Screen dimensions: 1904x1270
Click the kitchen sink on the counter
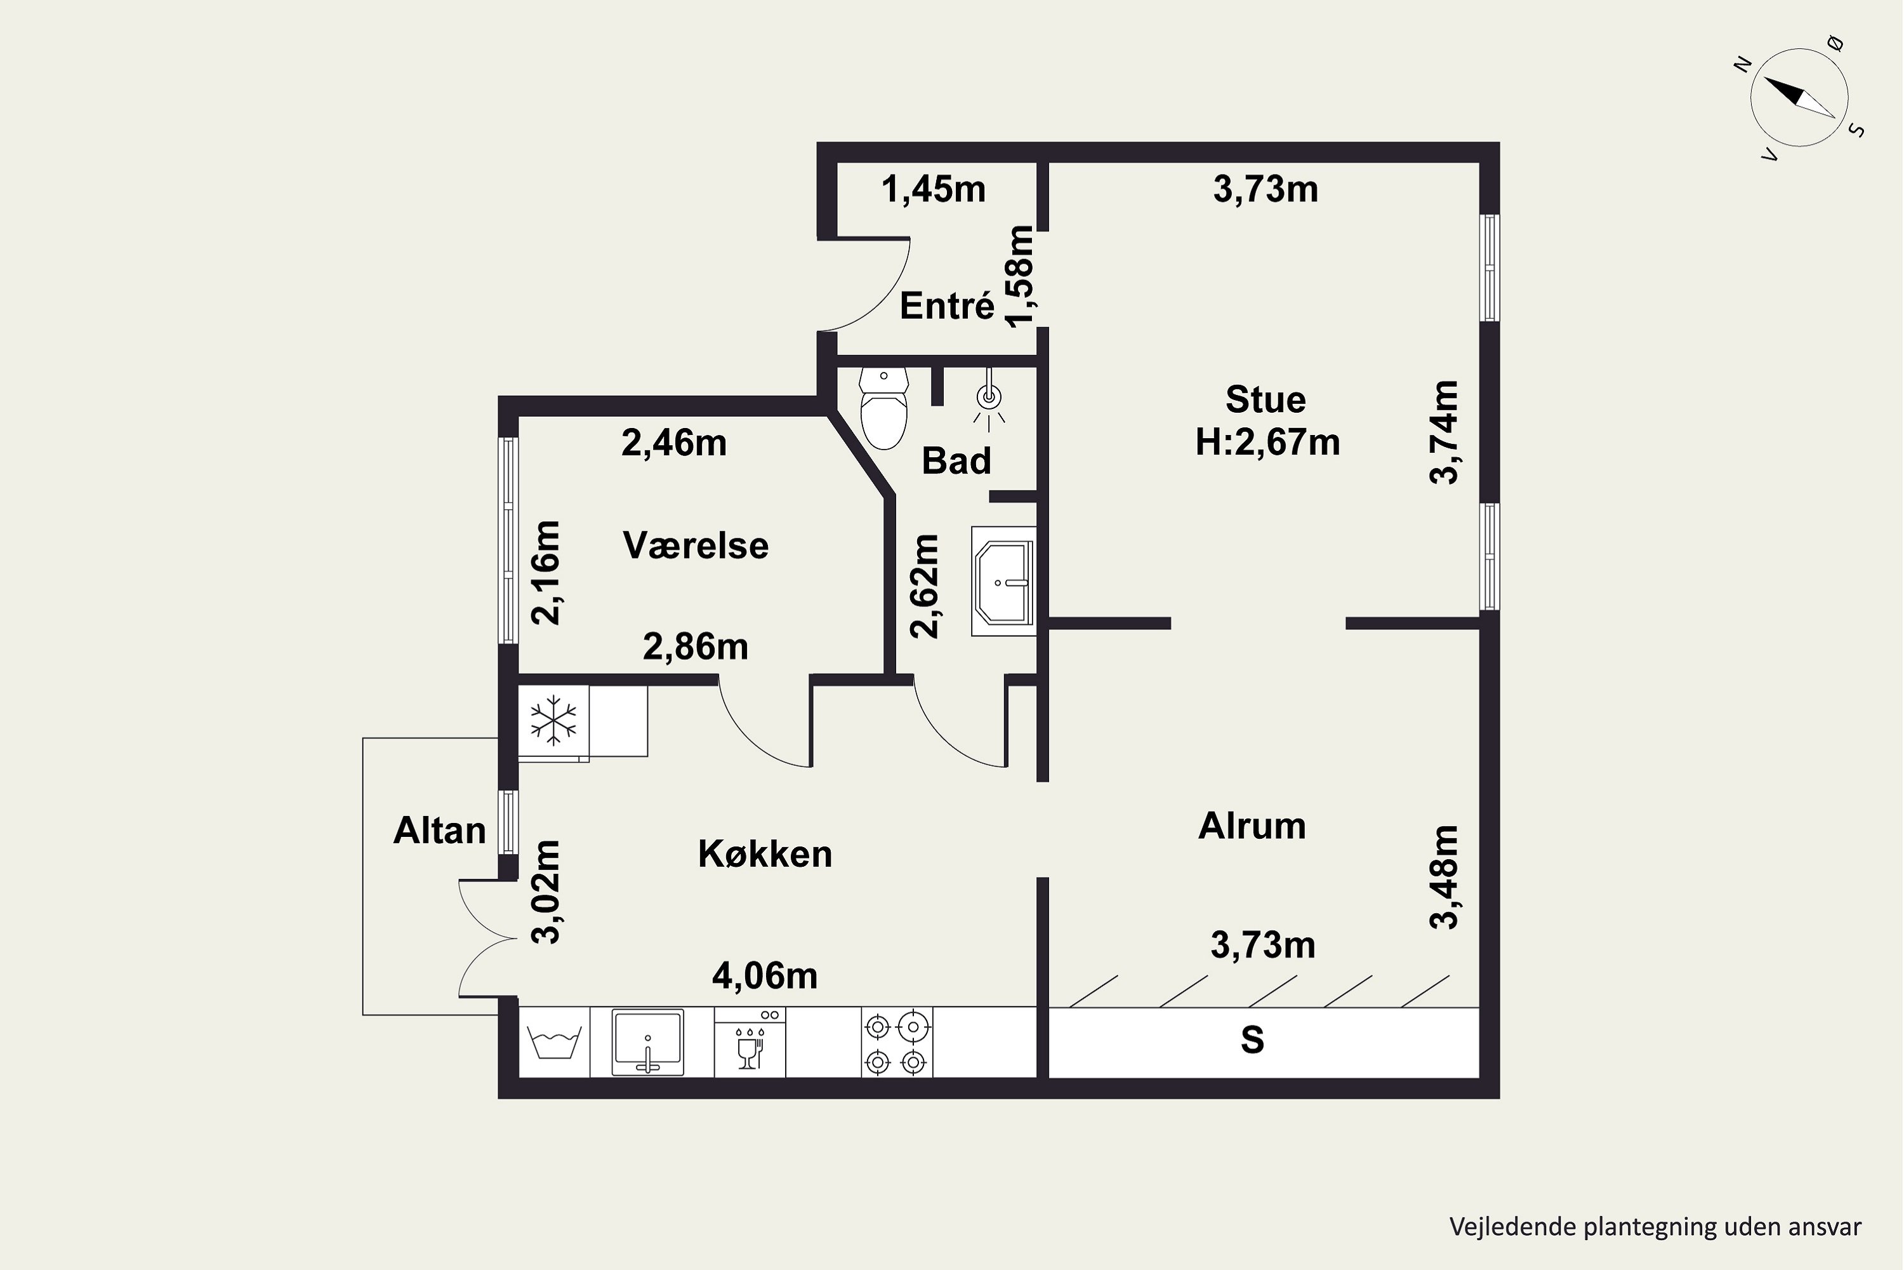(x=647, y=1041)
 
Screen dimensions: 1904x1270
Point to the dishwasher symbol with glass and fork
(x=750, y=1041)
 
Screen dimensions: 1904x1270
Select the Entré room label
(x=946, y=306)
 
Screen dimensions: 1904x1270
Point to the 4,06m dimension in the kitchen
(x=765, y=976)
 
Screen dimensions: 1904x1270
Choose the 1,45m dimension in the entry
(x=934, y=189)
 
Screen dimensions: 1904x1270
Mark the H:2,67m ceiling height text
(x=1267, y=442)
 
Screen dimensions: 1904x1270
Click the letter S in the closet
(x=1252, y=1040)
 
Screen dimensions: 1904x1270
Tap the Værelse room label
(x=696, y=545)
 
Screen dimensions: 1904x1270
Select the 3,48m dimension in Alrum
(x=1445, y=876)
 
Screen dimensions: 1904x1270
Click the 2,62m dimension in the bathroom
(x=925, y=585)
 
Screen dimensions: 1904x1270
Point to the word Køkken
(x=765, y=853)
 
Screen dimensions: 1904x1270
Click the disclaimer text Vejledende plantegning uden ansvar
(x=1655, y=1227)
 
